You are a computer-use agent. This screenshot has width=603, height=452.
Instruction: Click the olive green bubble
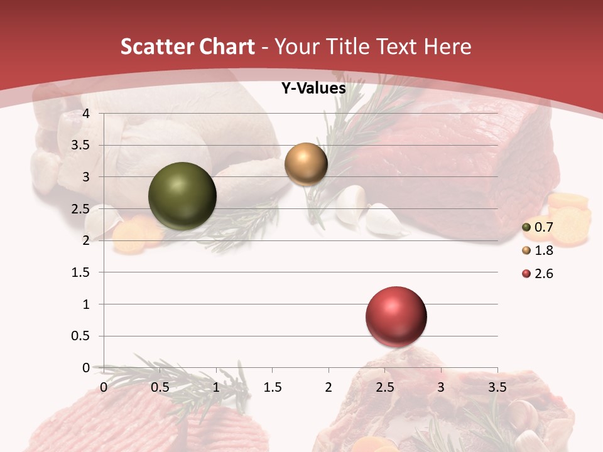coord(182,196)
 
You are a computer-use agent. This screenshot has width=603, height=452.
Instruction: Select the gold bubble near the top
coord(306,164)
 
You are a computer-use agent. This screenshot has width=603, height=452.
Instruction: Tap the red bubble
coord(396,316)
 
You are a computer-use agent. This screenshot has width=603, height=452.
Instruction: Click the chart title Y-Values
coord(313,89)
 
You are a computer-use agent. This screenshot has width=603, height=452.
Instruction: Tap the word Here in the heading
coord(447,46)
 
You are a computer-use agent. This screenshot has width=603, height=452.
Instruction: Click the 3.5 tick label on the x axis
coord(497,387)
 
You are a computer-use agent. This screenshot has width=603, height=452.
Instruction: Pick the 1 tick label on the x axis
coord(217,387)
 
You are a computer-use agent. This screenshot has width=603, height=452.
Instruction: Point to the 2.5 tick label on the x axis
coord(384,387)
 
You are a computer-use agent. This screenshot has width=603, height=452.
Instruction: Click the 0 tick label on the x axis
coord(104,387)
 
